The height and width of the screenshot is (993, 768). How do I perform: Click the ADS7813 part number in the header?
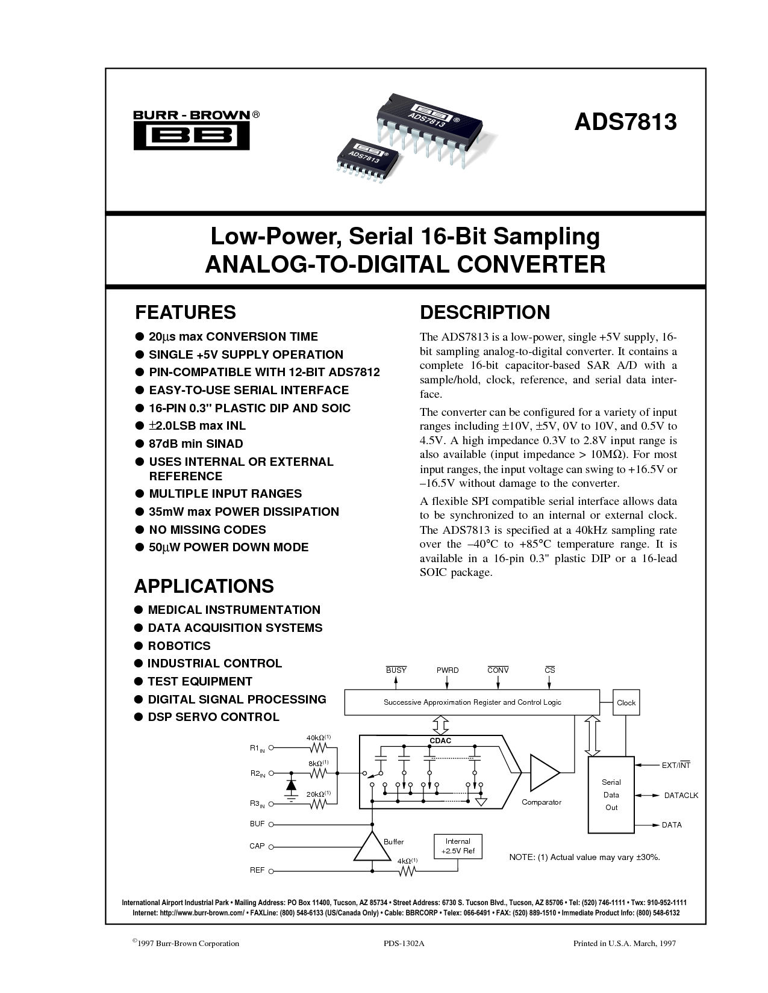tap(625, 122)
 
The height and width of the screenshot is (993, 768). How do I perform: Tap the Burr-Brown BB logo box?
tap(191, 136)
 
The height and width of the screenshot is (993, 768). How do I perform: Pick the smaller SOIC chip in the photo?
tap(366, 161)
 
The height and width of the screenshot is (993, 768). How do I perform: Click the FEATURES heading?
tap(186, 312)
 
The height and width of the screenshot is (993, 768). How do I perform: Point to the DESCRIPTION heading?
tap(485, 312)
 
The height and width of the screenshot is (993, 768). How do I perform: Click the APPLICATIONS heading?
tap(204, 586)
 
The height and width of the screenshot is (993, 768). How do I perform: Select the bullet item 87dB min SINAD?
tap(196, 444)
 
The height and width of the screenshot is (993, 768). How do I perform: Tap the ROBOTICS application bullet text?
tap(180, 646)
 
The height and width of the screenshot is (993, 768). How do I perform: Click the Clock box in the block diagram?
tap(626, 703)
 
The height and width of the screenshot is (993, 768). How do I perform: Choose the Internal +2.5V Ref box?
tap(457, 846)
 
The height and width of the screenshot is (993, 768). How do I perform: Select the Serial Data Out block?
tap(611, 794)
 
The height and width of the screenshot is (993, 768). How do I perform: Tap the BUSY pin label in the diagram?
tap(396, 670)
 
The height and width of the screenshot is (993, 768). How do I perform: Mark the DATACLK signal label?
tap(681, 796)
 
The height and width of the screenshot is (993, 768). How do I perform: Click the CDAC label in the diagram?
tap(440, 741)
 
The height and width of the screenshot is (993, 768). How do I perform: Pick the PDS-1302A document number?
tap(404, 943)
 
